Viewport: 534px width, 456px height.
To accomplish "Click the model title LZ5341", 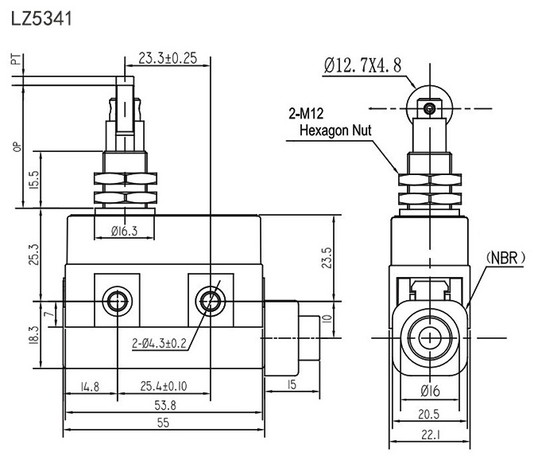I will point(41,18).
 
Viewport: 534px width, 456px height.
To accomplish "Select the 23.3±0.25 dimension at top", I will point(168,59).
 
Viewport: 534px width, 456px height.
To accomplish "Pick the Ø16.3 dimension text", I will point(125,231).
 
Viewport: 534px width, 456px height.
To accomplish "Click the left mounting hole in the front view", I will point(118,301).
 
